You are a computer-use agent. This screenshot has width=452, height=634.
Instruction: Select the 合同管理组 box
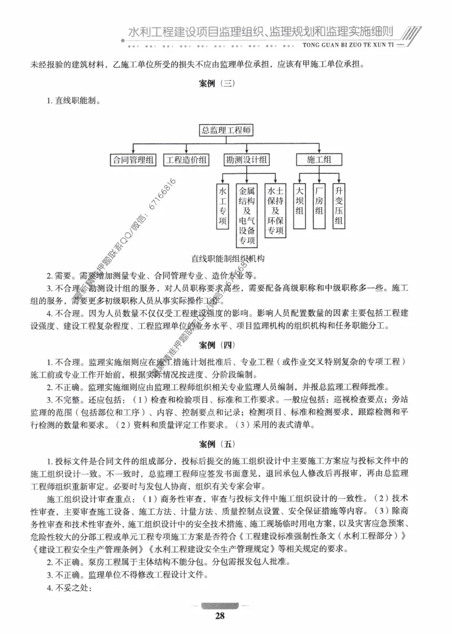(132, 160)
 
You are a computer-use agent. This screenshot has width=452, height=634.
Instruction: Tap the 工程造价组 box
(186, 160)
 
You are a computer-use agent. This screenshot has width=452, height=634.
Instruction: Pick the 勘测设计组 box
(246, 160)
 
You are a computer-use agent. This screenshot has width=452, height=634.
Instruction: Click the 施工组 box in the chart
(319, 160)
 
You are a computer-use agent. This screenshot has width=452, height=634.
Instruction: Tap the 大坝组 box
(300, 205)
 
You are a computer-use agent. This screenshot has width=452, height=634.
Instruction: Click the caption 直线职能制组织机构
(228, 258)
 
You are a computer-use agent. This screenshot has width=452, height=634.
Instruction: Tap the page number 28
(220, 616)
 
